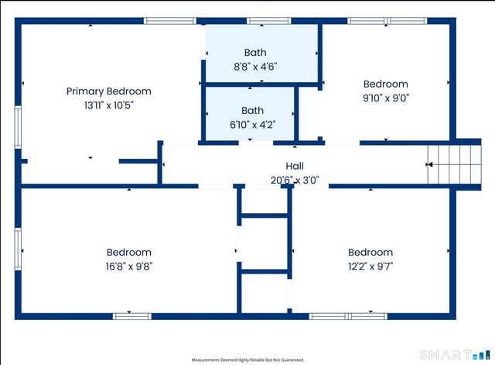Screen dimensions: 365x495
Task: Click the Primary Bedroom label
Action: click(108, 91)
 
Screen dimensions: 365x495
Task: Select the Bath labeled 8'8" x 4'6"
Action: click(254, 53)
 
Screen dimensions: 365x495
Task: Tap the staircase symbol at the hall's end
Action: click(456, 164)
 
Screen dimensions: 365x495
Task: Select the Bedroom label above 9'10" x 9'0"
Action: click(385, 84)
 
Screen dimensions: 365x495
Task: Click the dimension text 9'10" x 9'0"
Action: click(385, 98)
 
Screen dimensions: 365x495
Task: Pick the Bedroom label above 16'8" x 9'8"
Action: click(128, 253)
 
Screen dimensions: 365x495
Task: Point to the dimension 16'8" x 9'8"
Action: click(128, 267)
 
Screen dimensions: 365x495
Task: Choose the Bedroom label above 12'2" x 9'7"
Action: click(370, 253)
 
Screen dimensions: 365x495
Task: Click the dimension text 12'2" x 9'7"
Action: click(370, 267)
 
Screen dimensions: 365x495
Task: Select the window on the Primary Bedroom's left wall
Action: click(18, 126)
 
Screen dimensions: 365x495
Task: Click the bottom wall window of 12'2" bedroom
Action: click(347, 316)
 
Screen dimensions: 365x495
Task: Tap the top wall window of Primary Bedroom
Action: click(170, 21)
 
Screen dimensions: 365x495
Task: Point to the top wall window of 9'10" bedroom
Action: click(376, 21)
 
